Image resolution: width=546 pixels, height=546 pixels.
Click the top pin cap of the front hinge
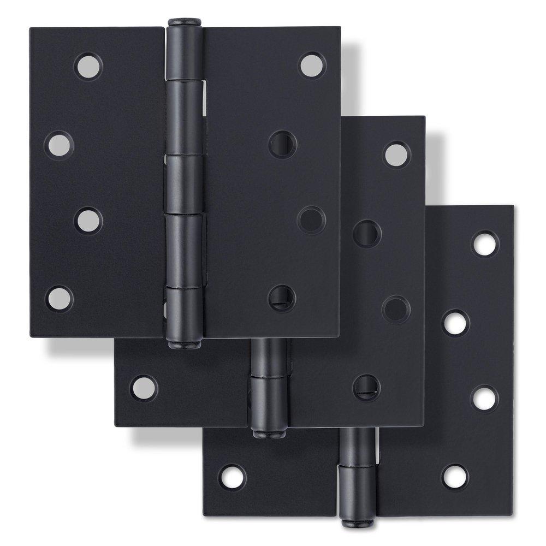click(x=184, y=22)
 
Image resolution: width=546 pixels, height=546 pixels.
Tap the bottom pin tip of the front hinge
click(x=184, y=345)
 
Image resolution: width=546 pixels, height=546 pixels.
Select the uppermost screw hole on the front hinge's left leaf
click(x=88, y=67)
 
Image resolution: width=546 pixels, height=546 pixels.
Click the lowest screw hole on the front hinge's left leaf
click(x=60, y=298)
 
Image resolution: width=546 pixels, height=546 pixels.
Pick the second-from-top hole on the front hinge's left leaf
click(x=59, y=145)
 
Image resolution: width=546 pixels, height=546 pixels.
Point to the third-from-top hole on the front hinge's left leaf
click(x=88, y=221)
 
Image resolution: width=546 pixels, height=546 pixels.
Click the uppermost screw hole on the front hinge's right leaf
click(x=312, y=65)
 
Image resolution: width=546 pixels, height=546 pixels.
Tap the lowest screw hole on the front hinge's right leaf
click(x=282, y=298)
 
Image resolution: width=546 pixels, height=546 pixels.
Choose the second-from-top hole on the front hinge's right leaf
click(x=283, y=145)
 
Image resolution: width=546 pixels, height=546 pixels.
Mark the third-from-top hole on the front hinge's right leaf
click(x=312, y=220)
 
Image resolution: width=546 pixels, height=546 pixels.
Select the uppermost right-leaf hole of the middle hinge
click(x=396, y=155)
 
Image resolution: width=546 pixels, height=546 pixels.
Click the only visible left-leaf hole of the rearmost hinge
click(x=232, y=477)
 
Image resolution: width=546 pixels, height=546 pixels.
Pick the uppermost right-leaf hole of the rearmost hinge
click(x=485, y=244)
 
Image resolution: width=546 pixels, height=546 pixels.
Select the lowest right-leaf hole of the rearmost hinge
click(x=455, y=477)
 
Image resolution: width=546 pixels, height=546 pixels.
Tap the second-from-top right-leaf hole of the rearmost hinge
click(x=455, y=323)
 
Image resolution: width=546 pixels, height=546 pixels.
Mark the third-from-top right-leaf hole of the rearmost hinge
click(x=484, y=399)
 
